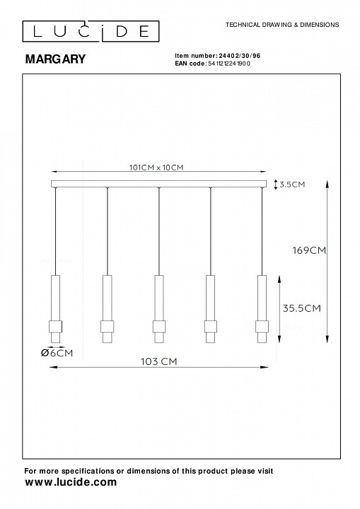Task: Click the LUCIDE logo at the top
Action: pyautogui.click(x=91, y=31)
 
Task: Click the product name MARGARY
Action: pyautogui.click(x=55, y=59)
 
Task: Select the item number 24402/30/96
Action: pyautogui.click(x=240, y=56)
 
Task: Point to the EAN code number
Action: pyautogui.click(x=228, y=64)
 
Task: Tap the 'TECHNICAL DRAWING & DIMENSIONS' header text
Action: pyautogui.click(x=282, y=25)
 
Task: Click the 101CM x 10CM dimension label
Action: pyautogui.click(x=156, y=168)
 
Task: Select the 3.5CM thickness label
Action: pyautogui.click(x=292, y=185)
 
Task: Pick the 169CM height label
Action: pyautogui.click(x=309, y=250)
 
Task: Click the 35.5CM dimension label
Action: pyautogui.click(x=301, y=308)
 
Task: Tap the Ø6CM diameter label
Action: pyautogui.click(x=57, y=353)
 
